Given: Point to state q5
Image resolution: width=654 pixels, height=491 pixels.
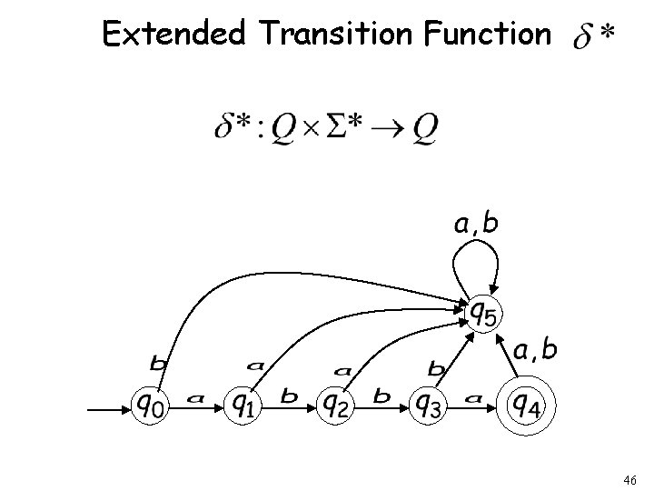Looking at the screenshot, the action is point(482,314).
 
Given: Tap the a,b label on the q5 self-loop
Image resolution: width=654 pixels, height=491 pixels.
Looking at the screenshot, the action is point(474,222).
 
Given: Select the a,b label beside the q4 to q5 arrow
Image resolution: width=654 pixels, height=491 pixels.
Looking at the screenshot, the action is point(536,350).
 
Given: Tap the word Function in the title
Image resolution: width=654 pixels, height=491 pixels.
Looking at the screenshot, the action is point(490,34).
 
